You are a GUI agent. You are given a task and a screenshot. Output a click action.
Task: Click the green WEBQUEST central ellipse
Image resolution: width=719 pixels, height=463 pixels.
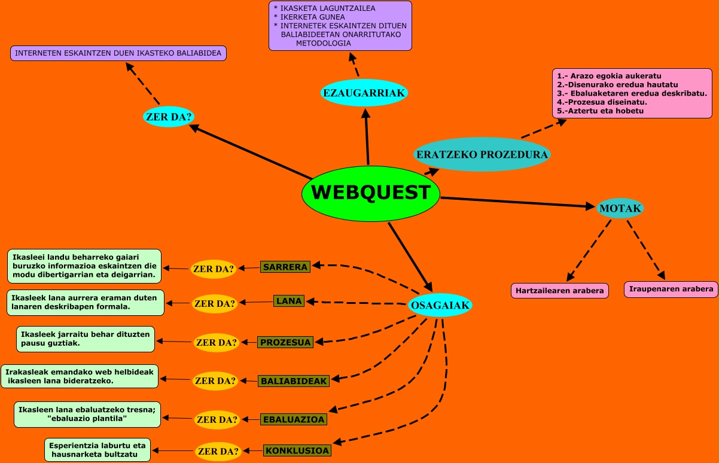pos(371,193)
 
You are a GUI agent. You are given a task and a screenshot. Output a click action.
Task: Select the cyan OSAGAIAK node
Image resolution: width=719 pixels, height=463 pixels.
pos(440,305)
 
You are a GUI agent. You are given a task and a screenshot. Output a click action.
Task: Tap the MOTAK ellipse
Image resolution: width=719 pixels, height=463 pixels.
pos(620,208)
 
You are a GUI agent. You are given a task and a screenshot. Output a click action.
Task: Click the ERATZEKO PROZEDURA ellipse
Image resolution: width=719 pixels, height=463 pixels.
pos(482,154)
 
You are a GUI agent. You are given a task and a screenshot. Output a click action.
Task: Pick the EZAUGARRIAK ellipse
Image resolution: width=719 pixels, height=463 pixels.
pos(364,93)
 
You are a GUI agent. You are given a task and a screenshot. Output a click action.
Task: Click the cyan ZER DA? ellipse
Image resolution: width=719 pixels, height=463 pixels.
pos(169,117)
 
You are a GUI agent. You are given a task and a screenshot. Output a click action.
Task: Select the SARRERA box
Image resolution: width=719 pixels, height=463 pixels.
pos(285,267)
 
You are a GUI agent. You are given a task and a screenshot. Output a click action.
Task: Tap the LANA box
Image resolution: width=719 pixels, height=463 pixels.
pos(289,301)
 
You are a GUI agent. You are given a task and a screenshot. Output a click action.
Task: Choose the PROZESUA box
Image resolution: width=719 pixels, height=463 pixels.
pos(286,342)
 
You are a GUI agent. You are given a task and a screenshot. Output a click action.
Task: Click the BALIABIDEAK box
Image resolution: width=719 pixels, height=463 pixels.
pos(294,380)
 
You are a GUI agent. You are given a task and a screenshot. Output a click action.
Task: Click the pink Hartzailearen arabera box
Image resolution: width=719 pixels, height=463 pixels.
pos(560,291)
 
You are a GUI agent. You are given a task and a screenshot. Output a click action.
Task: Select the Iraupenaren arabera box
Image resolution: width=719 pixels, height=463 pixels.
pos(670,289)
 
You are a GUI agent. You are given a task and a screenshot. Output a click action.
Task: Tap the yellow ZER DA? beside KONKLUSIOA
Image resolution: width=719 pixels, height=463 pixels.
pos(218,451)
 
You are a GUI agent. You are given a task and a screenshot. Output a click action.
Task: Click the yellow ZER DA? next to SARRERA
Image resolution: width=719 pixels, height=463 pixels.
pos(214,269)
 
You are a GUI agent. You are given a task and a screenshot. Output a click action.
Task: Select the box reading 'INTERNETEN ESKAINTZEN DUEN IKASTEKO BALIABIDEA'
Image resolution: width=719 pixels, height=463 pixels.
pos(118,53)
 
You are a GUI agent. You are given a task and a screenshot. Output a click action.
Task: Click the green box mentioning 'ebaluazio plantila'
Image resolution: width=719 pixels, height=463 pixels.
pos(87,414)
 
